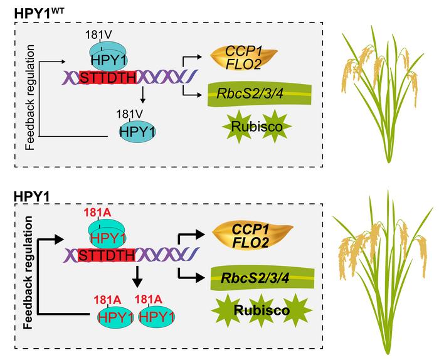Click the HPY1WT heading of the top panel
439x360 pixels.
pyautogui.click(x=39, y=11)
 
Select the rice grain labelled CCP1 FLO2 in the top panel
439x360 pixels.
pyautogui.click(x=235, y=54)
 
